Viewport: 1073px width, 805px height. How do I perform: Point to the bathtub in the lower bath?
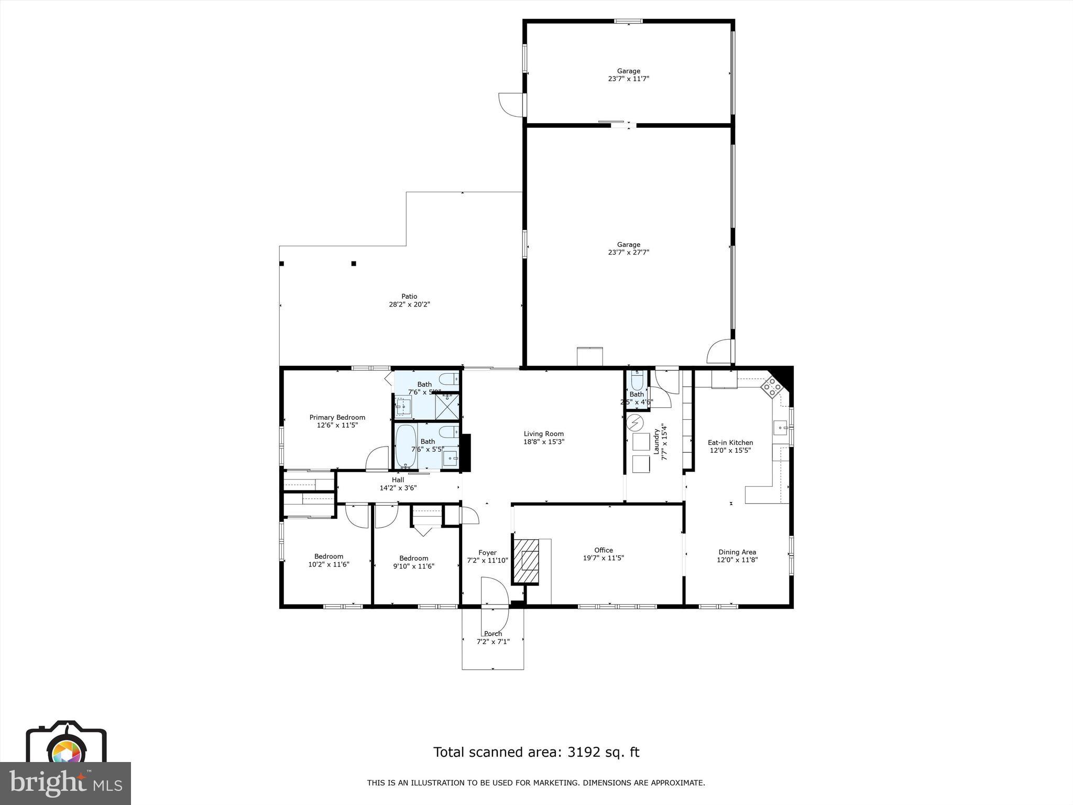pos(406,446)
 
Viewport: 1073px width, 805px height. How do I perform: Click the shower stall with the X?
pos(447,407)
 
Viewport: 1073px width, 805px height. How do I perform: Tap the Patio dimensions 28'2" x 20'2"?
pos(409,304)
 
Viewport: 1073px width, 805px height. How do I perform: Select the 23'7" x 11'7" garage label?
pos(628,75)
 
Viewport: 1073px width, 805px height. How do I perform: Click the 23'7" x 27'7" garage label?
pos(628,248)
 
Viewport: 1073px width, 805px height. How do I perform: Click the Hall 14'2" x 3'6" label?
pos(398,484)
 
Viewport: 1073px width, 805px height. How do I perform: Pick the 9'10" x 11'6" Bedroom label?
pos(413,562)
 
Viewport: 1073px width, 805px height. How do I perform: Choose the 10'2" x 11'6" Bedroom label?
pos(329,560)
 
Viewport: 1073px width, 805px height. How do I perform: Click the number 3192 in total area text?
pos(579,752)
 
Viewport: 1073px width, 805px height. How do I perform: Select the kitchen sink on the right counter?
pos(781,428)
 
